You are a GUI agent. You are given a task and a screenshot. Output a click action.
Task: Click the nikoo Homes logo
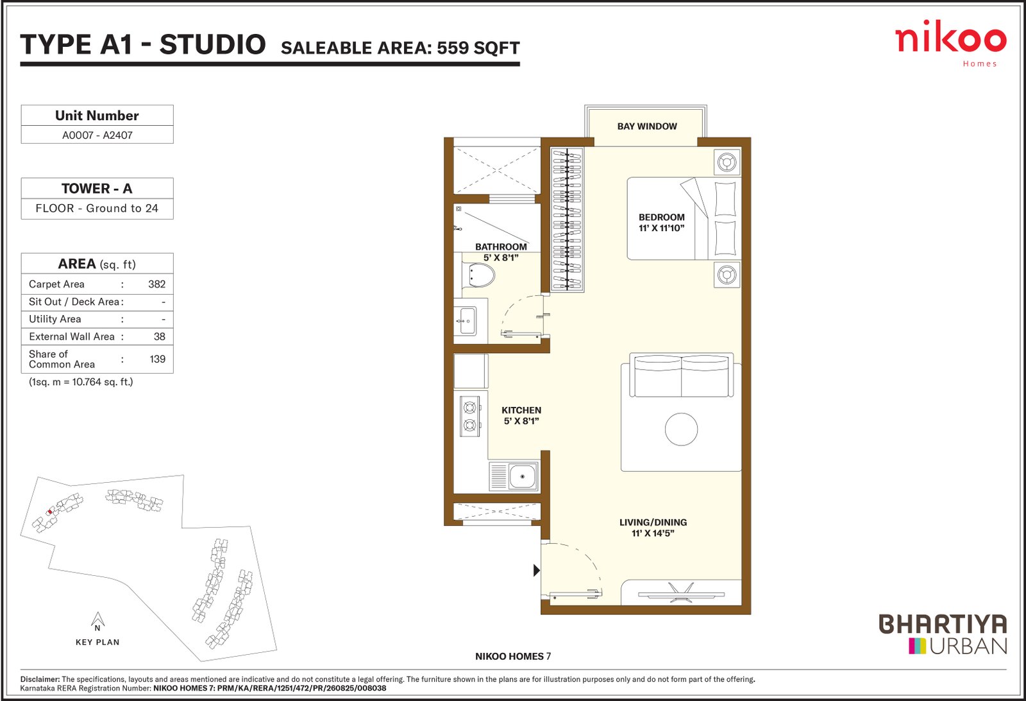click(x=950, y=44)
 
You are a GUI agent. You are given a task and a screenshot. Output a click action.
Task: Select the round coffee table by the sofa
click(x=681, y=429)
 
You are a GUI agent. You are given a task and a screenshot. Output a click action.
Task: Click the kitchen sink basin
click(x=522, y=476)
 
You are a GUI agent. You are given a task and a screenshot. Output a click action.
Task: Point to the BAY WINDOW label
click(x=647, y=126)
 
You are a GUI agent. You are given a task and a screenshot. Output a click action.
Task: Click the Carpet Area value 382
click(x=156, y=284)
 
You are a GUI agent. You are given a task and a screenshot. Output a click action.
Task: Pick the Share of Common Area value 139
click(x=158, y=359)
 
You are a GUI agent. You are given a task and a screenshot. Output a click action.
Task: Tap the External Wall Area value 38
click(x=160, y=336)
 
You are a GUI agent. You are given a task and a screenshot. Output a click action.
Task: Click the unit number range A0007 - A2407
click(x=97, y=135)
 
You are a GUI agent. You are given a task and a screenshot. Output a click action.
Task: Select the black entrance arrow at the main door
click(x=537, y=570)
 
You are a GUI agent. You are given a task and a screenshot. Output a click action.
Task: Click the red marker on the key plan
click(x=49, y=512)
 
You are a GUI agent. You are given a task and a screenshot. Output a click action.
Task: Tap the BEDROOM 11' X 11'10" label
click(x=661, y=222)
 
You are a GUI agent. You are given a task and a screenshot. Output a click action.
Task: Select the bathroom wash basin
click(x=466, y=321)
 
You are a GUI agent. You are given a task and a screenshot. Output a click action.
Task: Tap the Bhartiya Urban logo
click(x=943, y=634)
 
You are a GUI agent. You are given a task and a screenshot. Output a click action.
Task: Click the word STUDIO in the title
click(x=212, y=44)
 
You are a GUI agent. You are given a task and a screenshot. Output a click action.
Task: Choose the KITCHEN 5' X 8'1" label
click(x=521, y=415)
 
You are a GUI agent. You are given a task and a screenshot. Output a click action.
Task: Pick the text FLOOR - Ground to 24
click(x=97, y=209)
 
